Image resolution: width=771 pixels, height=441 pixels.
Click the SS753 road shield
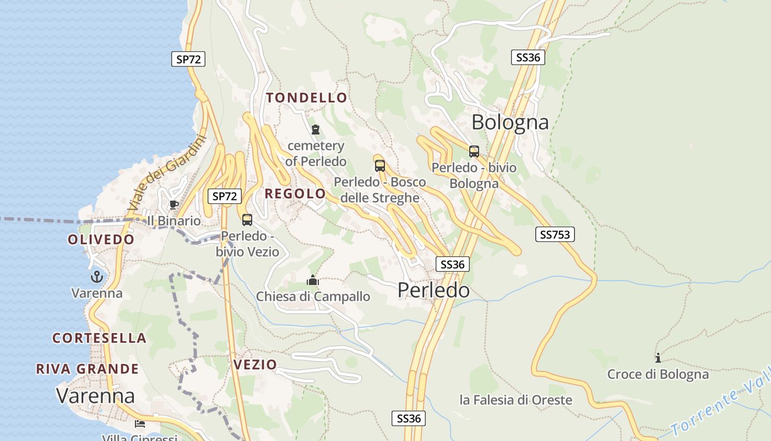pos(555,235)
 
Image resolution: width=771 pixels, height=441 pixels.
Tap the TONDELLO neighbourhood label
pos(307,98)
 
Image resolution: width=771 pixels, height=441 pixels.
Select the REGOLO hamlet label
pos(295,194)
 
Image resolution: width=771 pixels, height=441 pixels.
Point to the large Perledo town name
pos(434,290)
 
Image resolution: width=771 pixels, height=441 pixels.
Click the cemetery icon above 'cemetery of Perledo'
pos(316,130)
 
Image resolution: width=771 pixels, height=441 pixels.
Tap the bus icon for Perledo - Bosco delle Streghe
pos(379,165)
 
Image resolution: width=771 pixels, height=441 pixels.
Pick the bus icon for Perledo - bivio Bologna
pos(474,152)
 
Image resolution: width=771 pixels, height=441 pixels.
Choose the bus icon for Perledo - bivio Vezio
pos(247,220)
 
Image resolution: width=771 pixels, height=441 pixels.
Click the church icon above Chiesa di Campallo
pos(313,281)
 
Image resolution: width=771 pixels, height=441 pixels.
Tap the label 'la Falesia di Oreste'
pos(516,400)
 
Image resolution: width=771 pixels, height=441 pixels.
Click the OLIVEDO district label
pos(101,240)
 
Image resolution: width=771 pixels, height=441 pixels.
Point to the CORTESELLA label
pos(99,338)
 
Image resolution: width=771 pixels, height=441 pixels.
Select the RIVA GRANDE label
pos(87,369)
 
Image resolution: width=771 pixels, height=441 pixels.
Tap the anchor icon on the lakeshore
pos(97,277)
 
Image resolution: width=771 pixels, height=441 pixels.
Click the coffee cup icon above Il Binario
pos(174,205)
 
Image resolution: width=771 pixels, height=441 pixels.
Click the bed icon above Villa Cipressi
pos(140,424)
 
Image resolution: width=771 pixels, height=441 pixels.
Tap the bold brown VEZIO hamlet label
pos(255,364)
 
